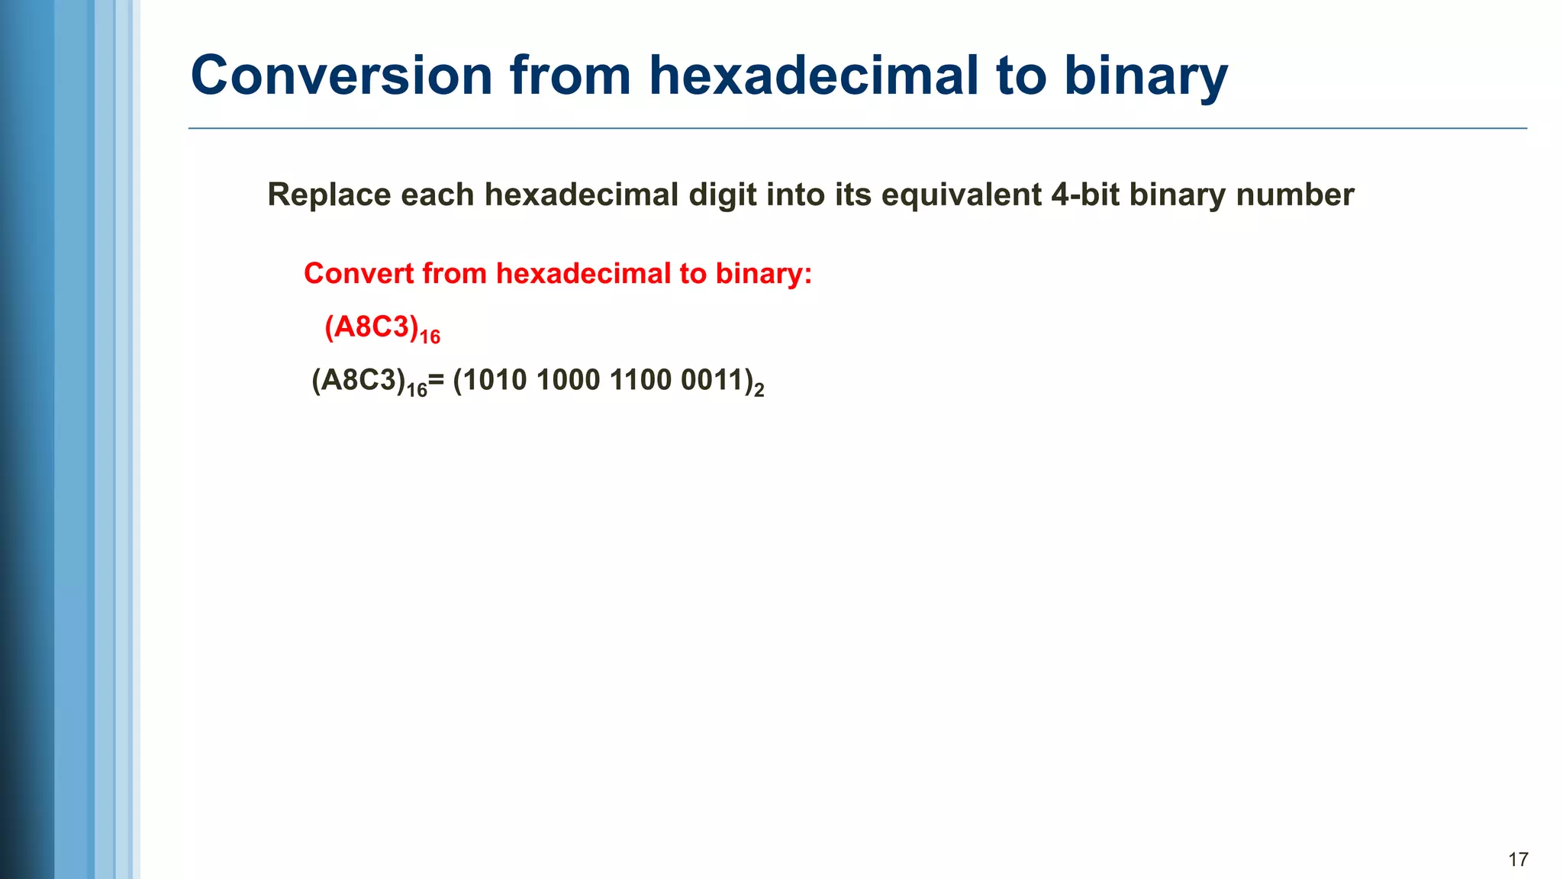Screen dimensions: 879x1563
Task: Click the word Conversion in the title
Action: pyautogui.click(x=341, y=76)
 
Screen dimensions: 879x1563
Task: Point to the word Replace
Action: pyautogui.click(x=329, y=195)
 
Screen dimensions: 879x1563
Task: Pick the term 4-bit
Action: pyautogui.click(x=1085, y=195)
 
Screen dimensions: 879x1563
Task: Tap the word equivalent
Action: pyautogui.click(x=961, y=196)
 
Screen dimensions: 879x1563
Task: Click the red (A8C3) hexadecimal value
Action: pyautogui.click(x=372, y=327)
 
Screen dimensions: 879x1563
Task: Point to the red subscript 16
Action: pyautogui.click(x=430, y=336)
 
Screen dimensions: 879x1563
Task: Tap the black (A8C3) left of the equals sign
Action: pyautogui.click(x=358, y=380)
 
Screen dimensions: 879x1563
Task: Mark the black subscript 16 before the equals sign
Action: pyautogui.click(x=417, y=390)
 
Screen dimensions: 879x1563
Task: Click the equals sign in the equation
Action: pyautogui.click(x=436, y=380)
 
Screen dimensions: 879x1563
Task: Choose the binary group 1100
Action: pyautogui.click(x=640, y=380)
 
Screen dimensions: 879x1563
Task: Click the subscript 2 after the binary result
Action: pyautogui.click(x=759, y=391)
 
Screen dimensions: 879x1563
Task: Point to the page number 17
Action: pyautogui.click(x=1518, y=860)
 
